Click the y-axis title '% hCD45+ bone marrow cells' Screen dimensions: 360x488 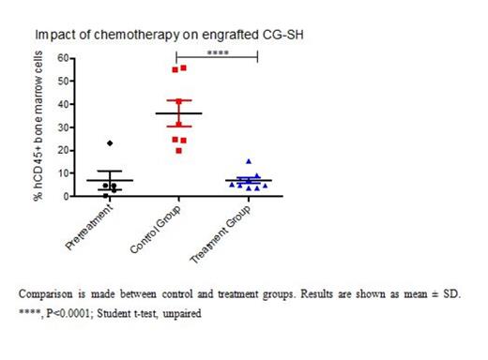pyautogui.click(x=40, y=127)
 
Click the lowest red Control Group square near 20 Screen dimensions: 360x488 pyautogui.click(x=179, y=150)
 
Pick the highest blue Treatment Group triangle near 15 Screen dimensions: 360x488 pyautogui.click(x=249, y=161)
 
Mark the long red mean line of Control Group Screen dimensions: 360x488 pyautogui.click(x=179, y=113)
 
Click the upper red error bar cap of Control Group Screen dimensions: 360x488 pyautogui.click(x=179, y=100)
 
